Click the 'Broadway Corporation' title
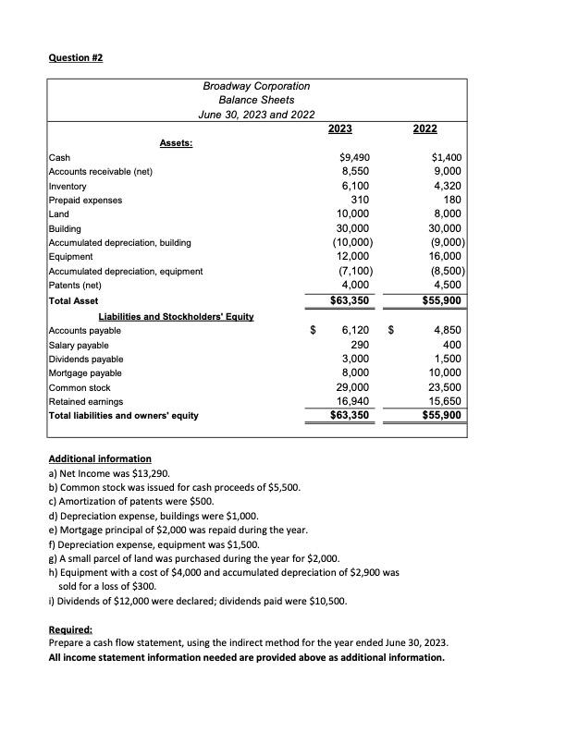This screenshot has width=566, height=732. tap(256, 86)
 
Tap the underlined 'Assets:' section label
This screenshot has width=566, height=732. tap(176, 143)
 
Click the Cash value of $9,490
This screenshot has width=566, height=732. tap(355, 157)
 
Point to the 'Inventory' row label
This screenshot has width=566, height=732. tap(68, 186)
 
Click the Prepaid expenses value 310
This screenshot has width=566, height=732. tap(361, 200)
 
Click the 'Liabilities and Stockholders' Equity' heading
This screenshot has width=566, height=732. tap(176, 316)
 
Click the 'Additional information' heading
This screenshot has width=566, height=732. tap(99, 458)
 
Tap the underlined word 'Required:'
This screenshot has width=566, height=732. tap(68, 645)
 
